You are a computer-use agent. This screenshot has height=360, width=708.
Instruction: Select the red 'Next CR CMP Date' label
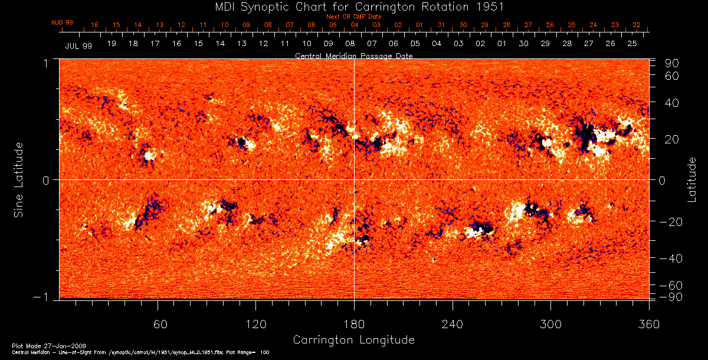click(353, 17)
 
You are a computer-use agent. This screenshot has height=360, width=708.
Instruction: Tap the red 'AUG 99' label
click(62, 22)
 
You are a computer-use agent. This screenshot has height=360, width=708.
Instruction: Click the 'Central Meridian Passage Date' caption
click(353, 55)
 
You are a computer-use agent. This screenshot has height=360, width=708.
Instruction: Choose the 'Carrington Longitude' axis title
click(353, 340)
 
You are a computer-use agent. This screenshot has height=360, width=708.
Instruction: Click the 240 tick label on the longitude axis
click(453, 324)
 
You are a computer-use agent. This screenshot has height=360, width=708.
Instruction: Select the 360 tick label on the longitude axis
click(648, 324)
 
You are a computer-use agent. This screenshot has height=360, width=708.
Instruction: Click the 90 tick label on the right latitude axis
click(673, 63)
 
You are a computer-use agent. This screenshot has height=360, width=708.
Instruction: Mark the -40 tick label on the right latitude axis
click(670, 258)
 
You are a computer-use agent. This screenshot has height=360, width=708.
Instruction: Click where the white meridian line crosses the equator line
click(354, 179)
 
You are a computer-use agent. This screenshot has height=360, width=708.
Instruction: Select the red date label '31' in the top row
click(441, 25)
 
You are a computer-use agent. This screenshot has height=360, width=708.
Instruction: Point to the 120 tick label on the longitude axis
click(257, 324)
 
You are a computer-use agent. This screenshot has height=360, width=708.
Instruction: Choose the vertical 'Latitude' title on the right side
click(691, 179)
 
